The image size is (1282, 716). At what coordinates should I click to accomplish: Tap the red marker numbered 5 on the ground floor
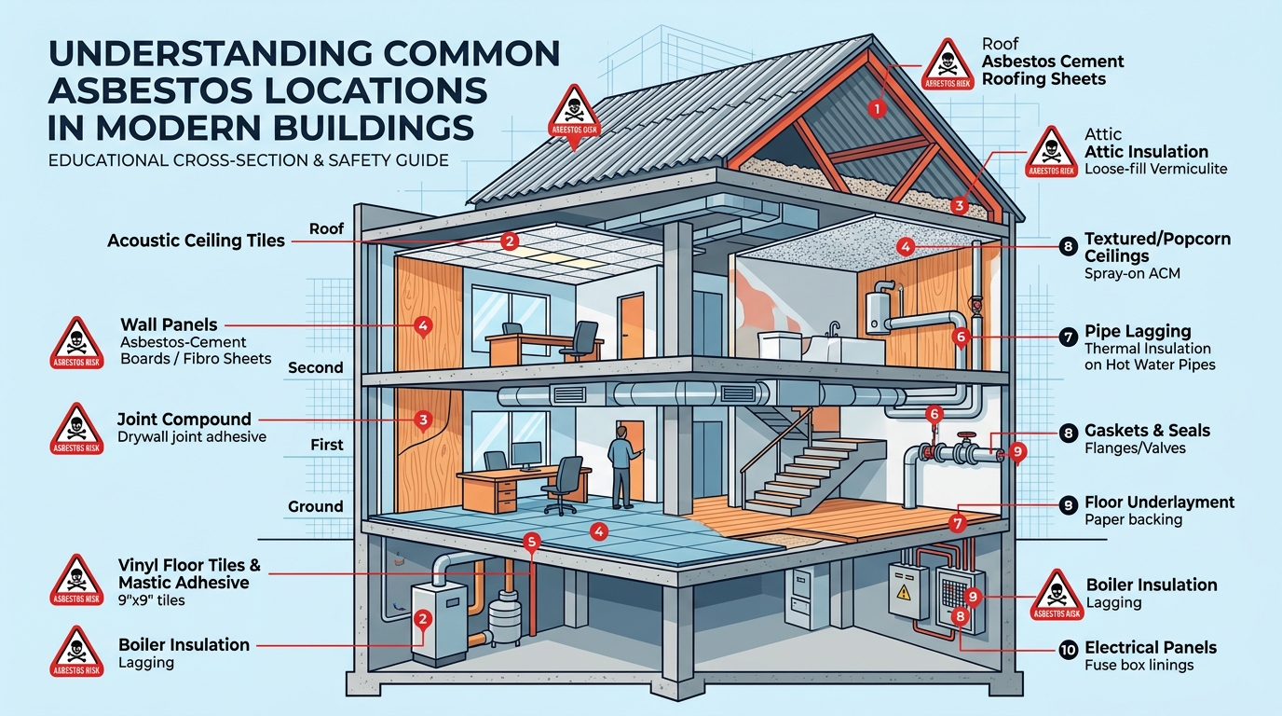532,542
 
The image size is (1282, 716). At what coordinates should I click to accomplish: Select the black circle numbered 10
1068,650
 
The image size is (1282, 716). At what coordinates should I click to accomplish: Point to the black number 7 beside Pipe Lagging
1068,337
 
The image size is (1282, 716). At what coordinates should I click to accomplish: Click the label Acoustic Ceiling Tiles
196,241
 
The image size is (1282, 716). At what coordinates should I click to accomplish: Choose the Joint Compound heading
184,420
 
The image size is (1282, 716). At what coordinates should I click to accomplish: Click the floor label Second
315,367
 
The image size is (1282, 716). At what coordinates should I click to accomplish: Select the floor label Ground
315,506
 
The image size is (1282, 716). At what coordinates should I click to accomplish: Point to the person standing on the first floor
622,467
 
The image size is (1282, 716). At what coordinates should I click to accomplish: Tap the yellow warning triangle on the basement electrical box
903,592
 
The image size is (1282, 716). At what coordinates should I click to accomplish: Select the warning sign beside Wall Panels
76,342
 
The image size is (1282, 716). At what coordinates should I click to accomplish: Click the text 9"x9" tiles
151,601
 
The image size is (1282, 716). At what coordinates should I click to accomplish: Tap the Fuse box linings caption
1139,666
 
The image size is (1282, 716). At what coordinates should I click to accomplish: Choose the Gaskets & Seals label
1147,431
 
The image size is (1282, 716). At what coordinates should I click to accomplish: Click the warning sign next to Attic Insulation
1051,152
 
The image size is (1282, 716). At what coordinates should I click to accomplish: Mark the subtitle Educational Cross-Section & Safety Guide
249,160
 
